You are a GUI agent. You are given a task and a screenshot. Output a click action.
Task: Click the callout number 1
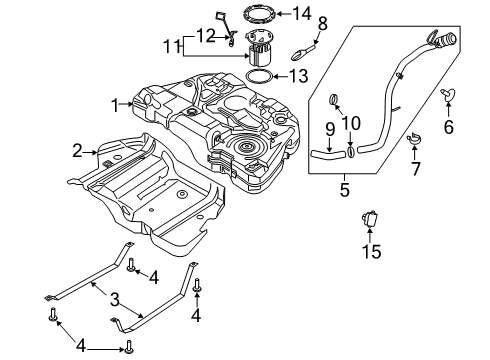click(116, 103)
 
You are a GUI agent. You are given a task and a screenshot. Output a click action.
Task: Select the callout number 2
click(76, 151)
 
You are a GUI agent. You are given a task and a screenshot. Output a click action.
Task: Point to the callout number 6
click(448, 127)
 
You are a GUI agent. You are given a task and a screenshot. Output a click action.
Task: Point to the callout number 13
click(297, 75)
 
